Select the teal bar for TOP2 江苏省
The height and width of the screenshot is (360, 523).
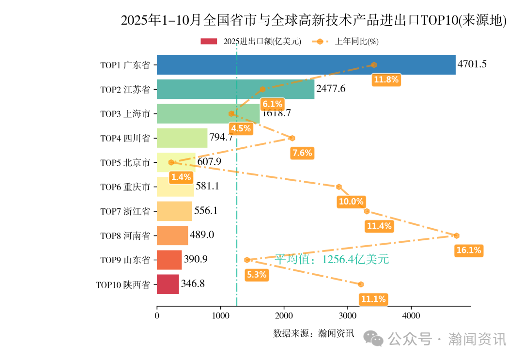click(235, 89)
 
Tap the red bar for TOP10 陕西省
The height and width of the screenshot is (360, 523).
click(168, 284)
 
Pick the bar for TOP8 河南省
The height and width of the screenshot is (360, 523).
click(172, 235)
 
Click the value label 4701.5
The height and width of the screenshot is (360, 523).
click(472, 64)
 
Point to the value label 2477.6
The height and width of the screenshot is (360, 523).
click(331, 89)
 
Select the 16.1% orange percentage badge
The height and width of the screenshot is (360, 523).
click(468, 250)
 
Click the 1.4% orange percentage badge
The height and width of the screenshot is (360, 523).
click(181, 177)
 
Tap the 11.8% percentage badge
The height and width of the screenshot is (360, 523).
click(385, 80)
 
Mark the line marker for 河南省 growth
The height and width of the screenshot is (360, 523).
click(456, 235)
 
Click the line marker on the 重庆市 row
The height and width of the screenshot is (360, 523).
click(339, 187)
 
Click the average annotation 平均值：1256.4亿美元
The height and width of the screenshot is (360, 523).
click(332, 260)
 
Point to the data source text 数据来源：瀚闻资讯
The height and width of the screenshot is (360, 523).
click(314, 333)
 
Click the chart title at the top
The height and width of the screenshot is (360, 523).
click(313, 20)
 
